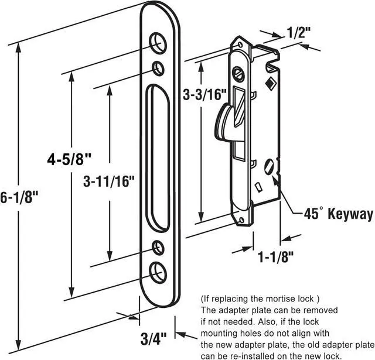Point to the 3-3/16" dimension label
(205, 94)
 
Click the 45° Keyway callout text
(338, 215)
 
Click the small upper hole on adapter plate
(158, 68)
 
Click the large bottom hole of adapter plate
(158, 271)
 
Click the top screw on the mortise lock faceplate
(238, 74)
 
